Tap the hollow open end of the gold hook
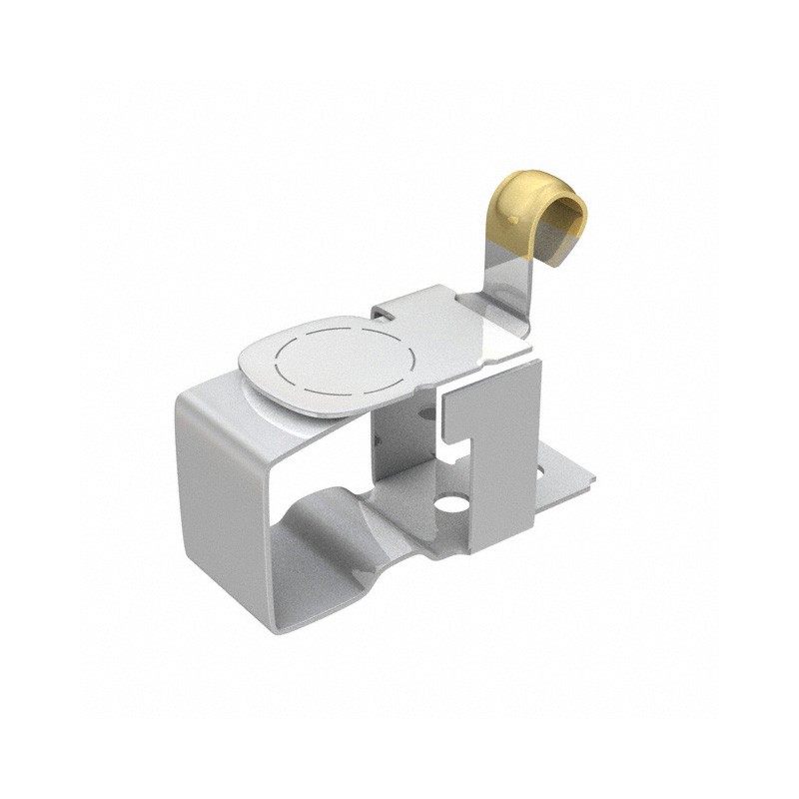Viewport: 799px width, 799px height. click(x=570, y=216)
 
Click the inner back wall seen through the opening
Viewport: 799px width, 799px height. click(x=399, y=439)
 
